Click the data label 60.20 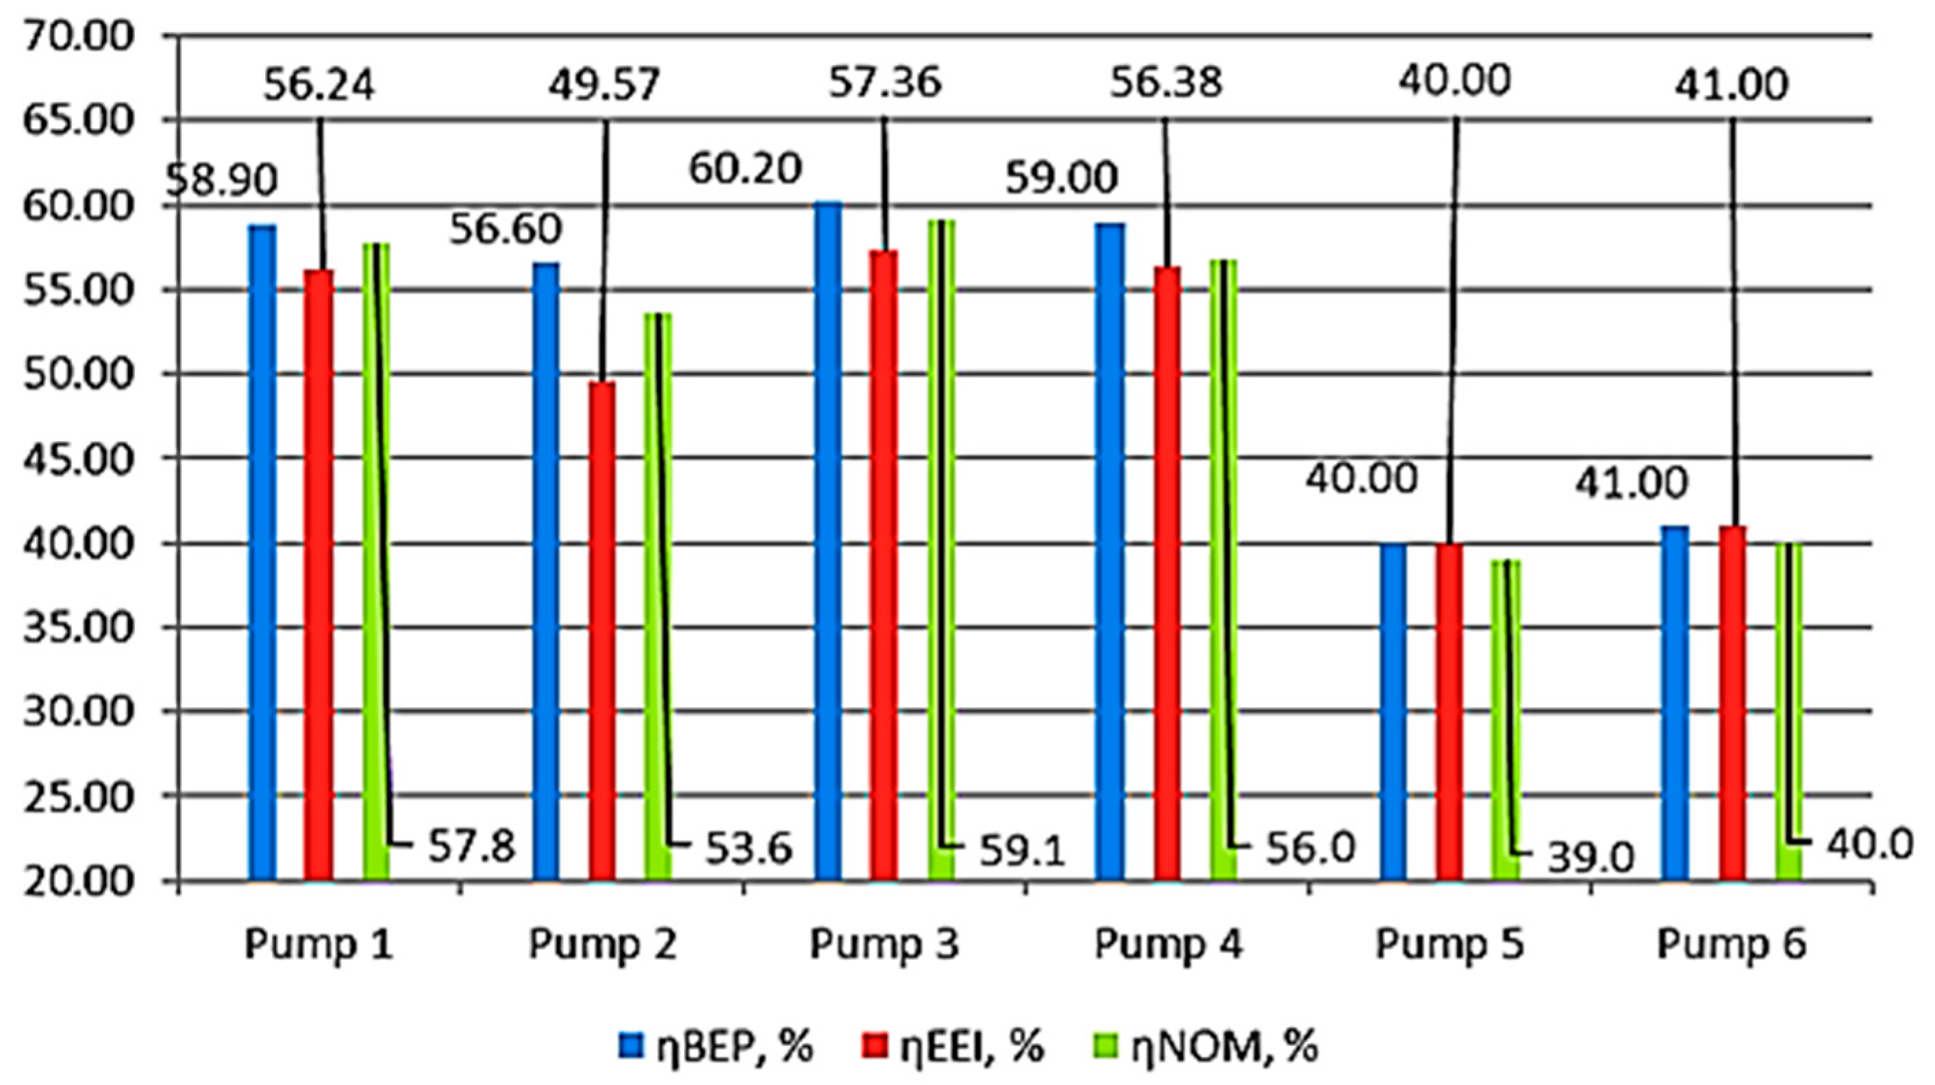click(x=745, y=170)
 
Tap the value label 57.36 click(x=884, y=84)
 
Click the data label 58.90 click(x=223, y=180)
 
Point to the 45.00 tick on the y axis click(x=79, y=458)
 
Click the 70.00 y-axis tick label click(x=79, y=36)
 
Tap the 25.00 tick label click(x=79, y=797)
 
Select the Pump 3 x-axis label click(x=884, y=945)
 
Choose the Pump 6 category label click(x=1732, y=945)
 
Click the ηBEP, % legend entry click(x=717, y=1046)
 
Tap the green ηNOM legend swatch click(x=1120, y=1046)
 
